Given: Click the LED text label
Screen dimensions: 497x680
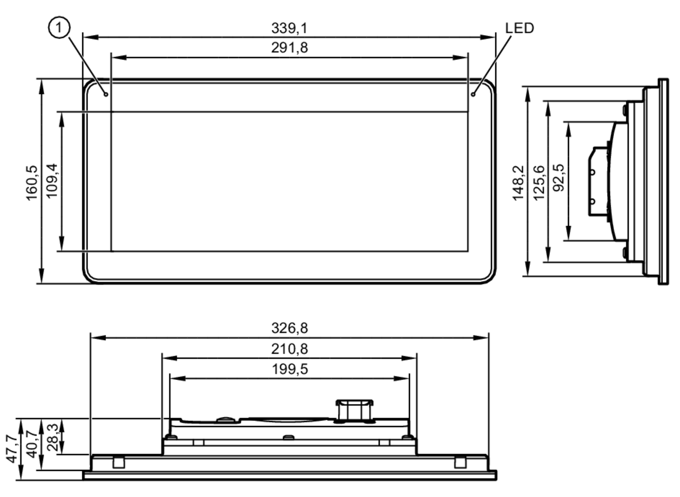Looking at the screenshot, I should [x=519, y=28].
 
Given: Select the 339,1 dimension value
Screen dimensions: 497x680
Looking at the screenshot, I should [x=289, y=28].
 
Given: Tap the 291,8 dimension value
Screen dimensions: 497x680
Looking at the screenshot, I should [x=289, y=48].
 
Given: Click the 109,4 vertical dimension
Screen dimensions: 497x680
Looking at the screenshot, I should [x=52, y=181].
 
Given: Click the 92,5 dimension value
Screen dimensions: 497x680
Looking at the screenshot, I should [x=559, y=177].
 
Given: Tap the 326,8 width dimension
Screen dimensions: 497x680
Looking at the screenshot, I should [x=289, y=328].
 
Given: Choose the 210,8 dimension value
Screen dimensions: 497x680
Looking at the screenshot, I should [x=289, y=349].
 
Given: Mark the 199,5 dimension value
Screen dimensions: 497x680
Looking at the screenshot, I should [x=290, y=369].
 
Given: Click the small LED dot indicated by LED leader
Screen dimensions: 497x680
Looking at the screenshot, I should [x=473, y=94].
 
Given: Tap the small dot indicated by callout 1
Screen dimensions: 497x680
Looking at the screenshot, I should [x=106, y=94].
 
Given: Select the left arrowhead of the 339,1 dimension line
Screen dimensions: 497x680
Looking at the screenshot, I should [x=90, y=37].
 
